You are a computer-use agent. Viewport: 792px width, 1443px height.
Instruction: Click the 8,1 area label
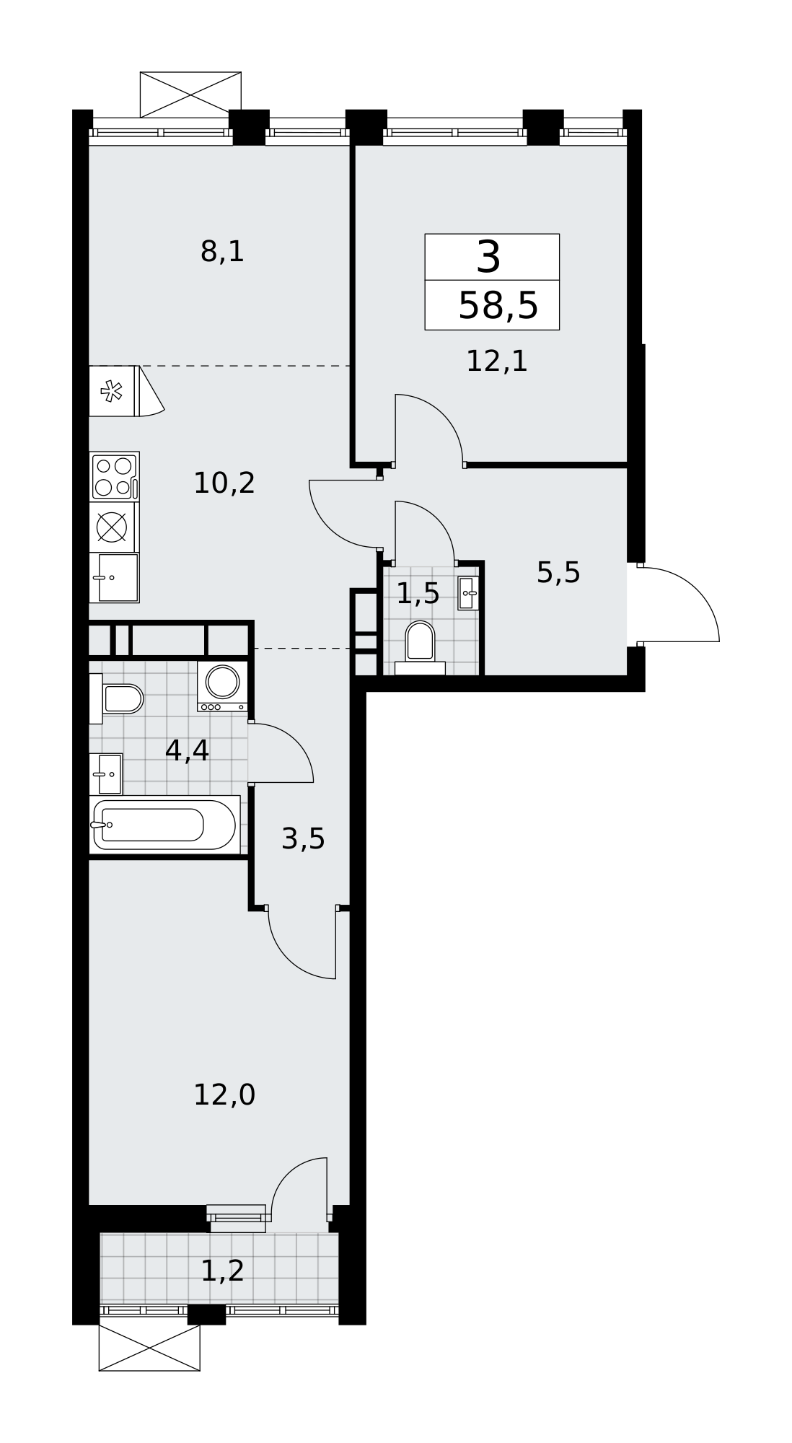[x=222, y=252]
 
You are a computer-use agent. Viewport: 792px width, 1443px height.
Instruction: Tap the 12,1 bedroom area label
[x=497, y=361]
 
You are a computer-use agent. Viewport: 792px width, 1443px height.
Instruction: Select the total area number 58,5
[x=498, y=305]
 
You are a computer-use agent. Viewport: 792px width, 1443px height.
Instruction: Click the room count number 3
[x=488, y=258]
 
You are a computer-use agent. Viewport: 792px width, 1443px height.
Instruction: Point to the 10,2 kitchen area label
[x=224, y=483]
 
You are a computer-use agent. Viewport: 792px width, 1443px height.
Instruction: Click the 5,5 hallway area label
[x=558, y=573]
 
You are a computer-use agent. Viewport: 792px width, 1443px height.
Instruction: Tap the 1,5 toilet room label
[x=418, y=593]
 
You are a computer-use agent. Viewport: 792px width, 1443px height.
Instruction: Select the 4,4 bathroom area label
[x=187, y=750]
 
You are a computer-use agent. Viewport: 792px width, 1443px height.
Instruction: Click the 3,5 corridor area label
[x=303, y=839]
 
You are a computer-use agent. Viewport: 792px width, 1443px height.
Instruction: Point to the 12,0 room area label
[x=224, y=1095]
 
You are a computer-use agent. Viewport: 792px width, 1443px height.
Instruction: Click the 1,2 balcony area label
[x=222, y=1271]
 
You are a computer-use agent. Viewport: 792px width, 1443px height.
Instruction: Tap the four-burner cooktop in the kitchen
[x=114, y=476]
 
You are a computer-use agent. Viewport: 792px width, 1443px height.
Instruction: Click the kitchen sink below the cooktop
[x=114, y=577]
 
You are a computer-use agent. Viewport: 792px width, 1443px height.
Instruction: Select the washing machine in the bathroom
[x=222, y=685]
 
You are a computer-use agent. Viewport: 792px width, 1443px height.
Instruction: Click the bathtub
[x=164, y=825]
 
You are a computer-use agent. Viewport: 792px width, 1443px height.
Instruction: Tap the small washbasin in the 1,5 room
[x=468, y=593]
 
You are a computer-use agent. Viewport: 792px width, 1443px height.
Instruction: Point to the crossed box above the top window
[x=190, y=95]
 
